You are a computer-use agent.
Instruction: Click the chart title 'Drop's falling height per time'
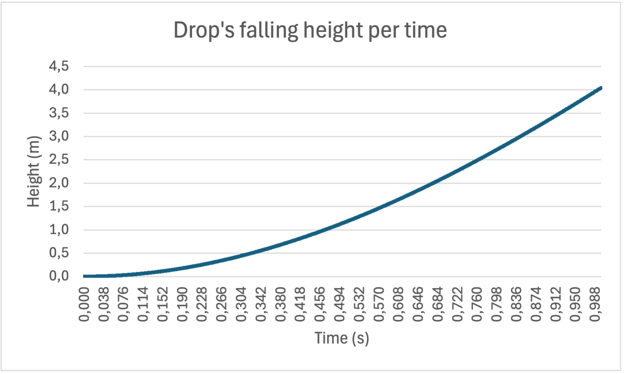click(x=310, y=30)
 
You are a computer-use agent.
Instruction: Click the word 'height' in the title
click(x=334, y=31)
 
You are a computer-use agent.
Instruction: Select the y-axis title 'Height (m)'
click(x=34, y=171)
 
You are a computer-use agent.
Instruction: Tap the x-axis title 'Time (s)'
click(x=341, y=338)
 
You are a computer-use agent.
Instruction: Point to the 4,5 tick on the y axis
click(x=59, y=66)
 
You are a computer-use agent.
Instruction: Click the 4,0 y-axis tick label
click(x=59, y=90)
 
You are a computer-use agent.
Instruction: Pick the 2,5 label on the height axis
click(x=59, y=159)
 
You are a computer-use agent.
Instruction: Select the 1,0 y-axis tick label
click(x=59, y=230)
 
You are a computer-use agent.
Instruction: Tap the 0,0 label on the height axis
click(x=59, y=276)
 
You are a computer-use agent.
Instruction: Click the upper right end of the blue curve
click(x=600, y=88)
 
